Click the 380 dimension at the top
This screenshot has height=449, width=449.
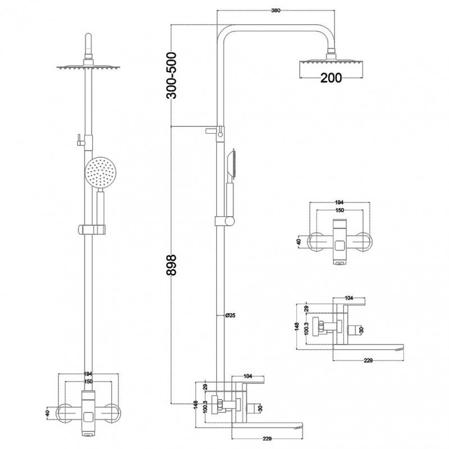[x=276, y=11]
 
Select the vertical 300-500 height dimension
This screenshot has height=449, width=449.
[x=172, y=76]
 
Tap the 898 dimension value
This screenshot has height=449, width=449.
[x=172, y=265]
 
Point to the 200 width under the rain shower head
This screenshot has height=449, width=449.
[x=331, y=77]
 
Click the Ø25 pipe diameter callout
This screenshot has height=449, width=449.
[x=230, y=315]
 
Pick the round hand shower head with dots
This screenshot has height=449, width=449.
[x=100, y=173]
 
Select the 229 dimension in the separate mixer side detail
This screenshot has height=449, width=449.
[x=368, y=360]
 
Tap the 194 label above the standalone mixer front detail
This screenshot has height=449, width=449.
[x=339, y=203]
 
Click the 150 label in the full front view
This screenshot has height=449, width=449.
[x=89, y=382]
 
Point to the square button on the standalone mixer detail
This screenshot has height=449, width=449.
[x=340, y=246]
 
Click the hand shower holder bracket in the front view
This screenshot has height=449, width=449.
[x=91, y=230]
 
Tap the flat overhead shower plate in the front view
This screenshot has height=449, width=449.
[x=88, y=67]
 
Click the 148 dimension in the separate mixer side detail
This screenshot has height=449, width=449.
[x=297, y=327]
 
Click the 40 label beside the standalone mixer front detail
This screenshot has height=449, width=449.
[x=299, y=242]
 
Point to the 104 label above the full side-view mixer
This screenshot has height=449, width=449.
[x=248, y=376]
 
